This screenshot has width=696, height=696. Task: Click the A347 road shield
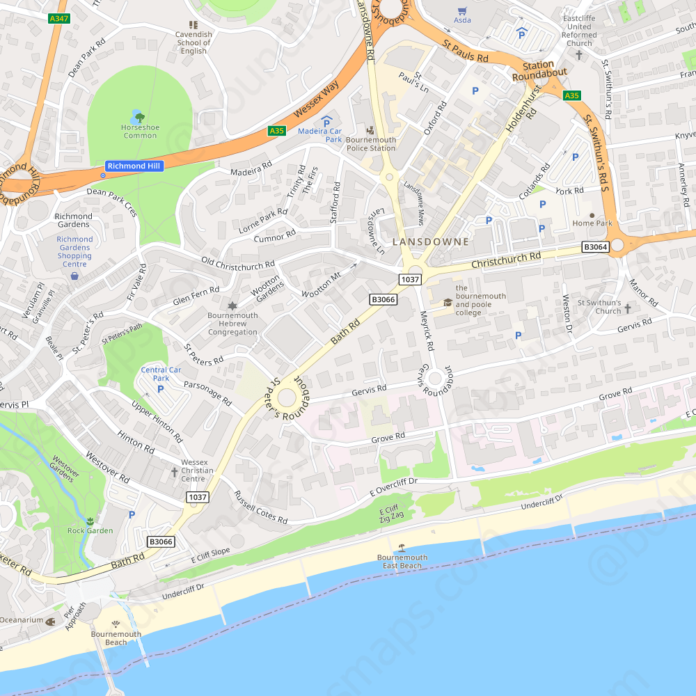point(59,19)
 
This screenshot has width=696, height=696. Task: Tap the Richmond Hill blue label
point(134,166)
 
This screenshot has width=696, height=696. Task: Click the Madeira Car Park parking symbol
point(326,122)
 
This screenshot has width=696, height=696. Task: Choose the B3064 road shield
point(595,247)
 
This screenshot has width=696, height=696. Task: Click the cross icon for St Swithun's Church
point(627,308)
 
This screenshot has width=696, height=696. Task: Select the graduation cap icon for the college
point(448,301)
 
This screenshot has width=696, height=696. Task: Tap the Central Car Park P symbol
point(161,388)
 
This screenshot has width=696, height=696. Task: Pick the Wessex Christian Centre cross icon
point(174,472)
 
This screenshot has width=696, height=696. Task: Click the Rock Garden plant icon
point(90,521)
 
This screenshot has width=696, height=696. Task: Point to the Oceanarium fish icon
point(50,621)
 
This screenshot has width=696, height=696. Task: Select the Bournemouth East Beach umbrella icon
point(402,548)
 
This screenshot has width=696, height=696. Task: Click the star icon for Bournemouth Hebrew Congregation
point(232,306)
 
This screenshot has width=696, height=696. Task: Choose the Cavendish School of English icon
point(193,24)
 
